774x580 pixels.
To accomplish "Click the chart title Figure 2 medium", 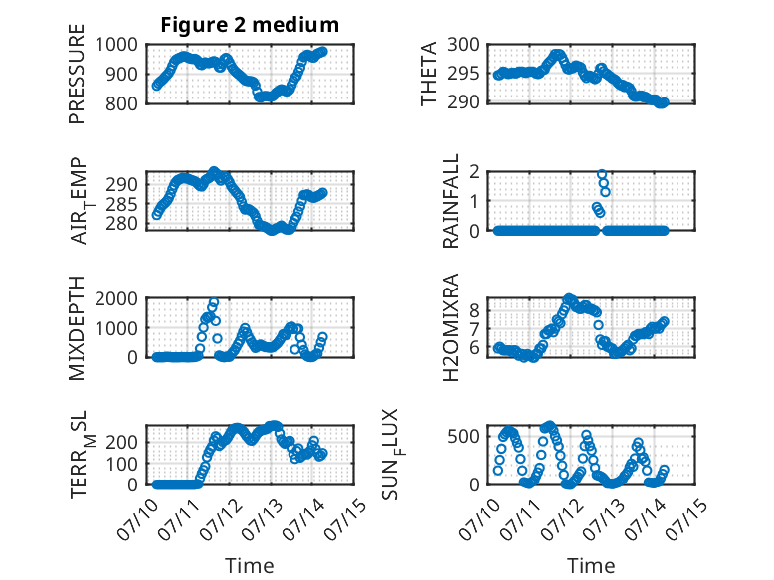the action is tap(250, 25).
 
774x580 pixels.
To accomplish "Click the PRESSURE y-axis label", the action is tap(77, 74).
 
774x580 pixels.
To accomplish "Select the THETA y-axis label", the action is tap(429, 74).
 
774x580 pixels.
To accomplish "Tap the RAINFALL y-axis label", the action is tap(451, 201).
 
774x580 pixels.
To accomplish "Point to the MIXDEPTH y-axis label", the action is tap(77, 328).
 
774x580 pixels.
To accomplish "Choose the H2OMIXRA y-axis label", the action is tap(451, 327).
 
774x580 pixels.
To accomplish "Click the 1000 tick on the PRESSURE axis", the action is tap(116, 45).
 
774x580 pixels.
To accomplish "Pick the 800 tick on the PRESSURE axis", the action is tap(121, 103).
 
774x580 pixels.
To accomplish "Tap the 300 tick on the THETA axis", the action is tap(463, 45).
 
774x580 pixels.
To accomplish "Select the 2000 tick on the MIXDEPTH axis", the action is tap(116, 298).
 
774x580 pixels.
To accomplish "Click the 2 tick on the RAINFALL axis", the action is tap(475, 172).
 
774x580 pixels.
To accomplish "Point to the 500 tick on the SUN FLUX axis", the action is tap(463, 437).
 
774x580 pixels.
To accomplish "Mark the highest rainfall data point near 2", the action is tap(602, 174).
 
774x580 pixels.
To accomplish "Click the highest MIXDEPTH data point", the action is tap(214, 302).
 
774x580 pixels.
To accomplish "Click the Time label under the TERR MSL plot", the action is tap(250, 566).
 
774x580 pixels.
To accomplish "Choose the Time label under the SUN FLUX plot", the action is tap(591, 566).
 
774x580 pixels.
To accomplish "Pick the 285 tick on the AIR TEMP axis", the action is tap(121, 204).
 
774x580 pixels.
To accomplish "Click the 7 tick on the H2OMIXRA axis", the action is tap(475, 328).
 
